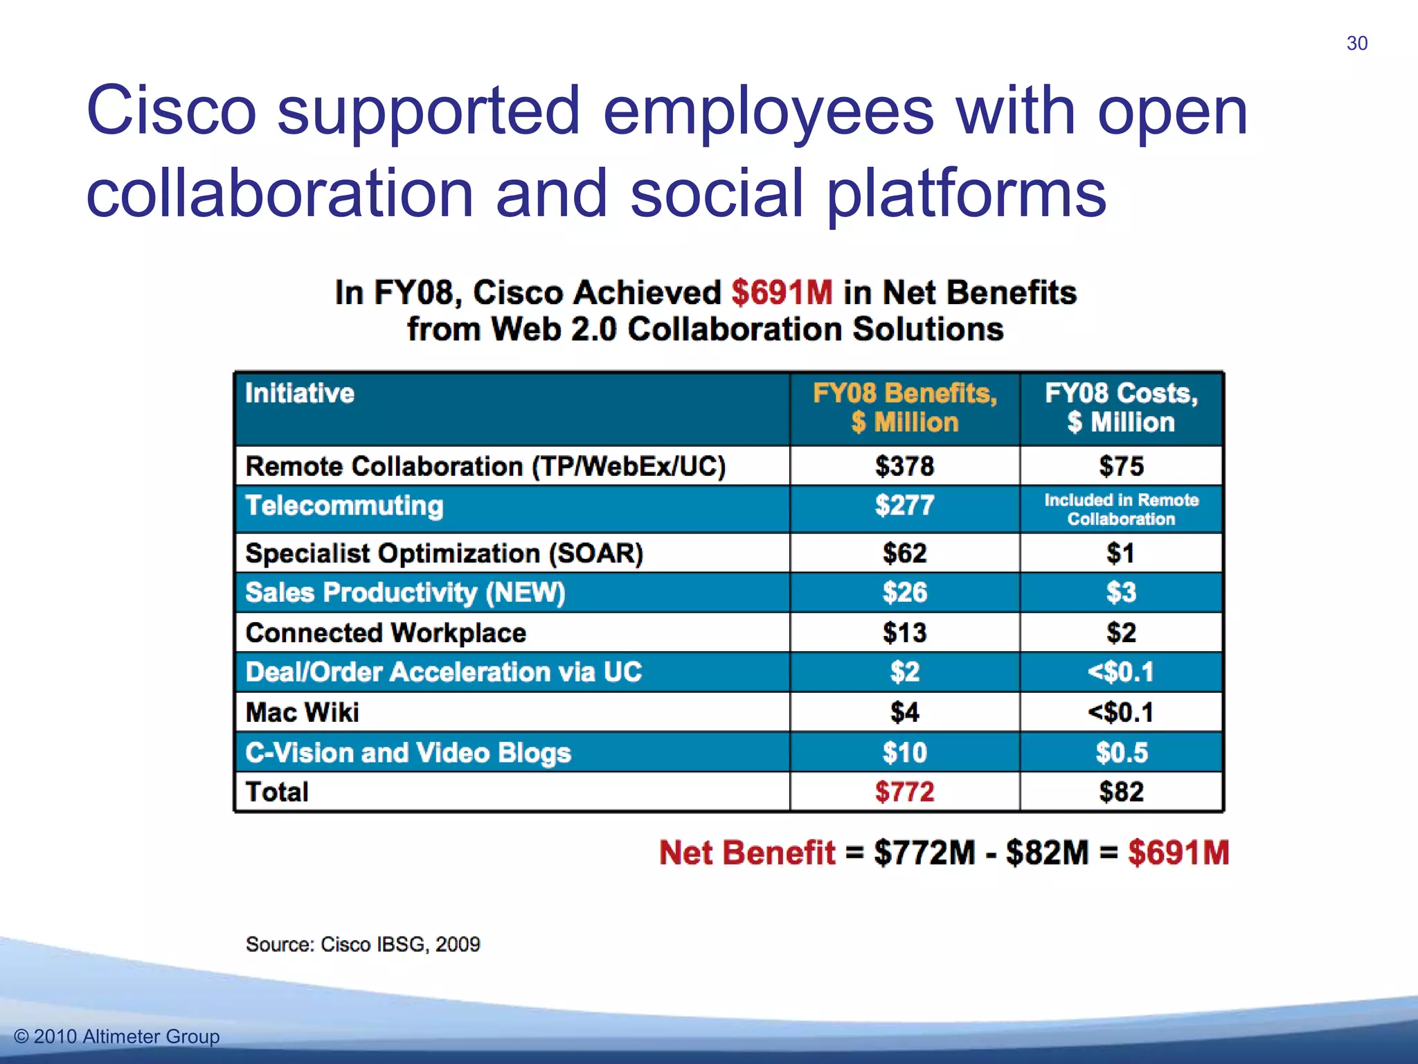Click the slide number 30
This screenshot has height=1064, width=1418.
1356,44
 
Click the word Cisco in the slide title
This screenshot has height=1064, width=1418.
171,111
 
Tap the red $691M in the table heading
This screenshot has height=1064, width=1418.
782,292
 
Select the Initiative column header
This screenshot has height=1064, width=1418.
300,393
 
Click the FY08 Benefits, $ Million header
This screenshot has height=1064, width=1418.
904,407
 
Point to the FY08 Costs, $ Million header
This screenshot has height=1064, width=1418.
1121,407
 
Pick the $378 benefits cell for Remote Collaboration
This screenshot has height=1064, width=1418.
904,466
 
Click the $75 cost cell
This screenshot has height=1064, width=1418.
1121,466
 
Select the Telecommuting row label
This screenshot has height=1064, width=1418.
344,506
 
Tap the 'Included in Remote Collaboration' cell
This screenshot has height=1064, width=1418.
1121,509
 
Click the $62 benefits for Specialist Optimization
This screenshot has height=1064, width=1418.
904,553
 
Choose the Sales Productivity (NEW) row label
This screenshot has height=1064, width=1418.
405,593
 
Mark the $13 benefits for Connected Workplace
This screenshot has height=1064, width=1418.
904,633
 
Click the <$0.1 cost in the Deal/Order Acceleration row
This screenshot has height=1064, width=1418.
1121,672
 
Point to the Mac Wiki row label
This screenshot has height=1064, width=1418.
303,712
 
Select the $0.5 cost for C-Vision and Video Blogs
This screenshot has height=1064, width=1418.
1121,753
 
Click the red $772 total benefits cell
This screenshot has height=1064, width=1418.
904,792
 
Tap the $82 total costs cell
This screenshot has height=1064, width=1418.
1121,792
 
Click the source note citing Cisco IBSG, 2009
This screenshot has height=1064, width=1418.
363,944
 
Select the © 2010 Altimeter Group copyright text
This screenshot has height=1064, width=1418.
117,1036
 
